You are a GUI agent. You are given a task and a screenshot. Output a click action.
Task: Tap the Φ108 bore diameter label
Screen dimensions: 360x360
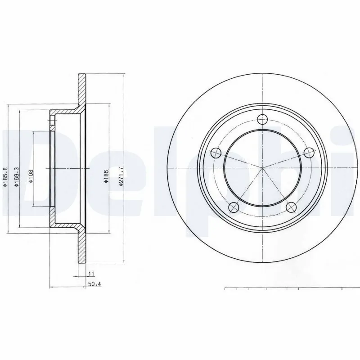pyautogui.click(x=31, y=176)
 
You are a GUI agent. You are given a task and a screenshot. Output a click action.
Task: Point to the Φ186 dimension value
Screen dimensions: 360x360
pyautogui.click(x=106, y=176)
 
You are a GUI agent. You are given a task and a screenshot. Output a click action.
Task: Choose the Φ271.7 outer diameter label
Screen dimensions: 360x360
pyautogui.click(x=121, y=176)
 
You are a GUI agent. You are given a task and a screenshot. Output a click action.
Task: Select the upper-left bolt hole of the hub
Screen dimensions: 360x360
pyautogui.click(x=215, y=153)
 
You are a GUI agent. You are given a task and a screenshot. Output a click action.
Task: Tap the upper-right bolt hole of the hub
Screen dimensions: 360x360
pyautogui.click(x=309, y=153)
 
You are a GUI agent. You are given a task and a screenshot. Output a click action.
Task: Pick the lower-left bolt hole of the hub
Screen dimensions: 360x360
pyautogui.click(x=233, y=207)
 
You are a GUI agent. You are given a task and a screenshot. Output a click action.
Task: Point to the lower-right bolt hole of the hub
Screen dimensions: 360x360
pyautogui.click(x=291, y=207)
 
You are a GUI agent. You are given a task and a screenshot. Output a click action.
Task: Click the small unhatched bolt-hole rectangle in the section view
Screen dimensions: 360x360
pyautogui.click(x=52, y=121)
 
